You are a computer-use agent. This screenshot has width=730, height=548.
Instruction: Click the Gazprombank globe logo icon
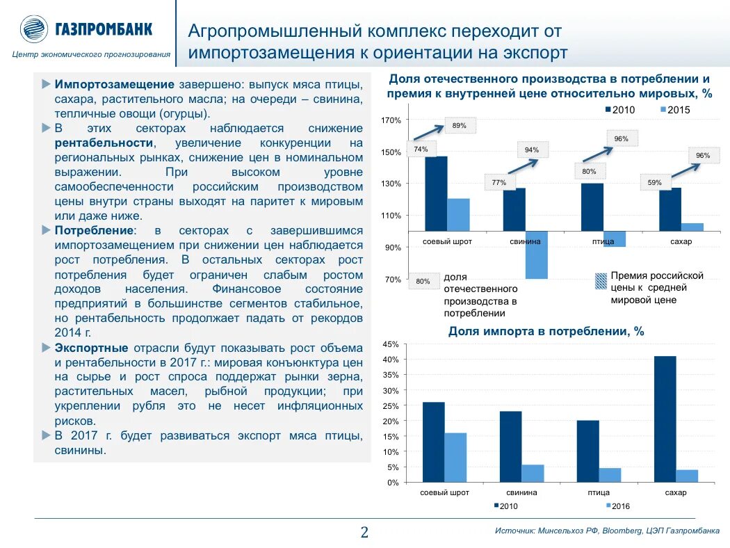pos(33,29)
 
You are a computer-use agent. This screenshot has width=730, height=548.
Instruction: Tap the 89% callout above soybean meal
pos(459,126)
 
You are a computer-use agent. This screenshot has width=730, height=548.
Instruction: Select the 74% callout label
pos(421,149)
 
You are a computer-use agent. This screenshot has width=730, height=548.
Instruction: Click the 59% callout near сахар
pos(654,183)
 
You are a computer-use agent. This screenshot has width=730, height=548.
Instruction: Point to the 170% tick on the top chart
pos(391,121)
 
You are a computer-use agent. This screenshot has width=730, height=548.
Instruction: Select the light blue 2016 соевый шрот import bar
pos(455,457)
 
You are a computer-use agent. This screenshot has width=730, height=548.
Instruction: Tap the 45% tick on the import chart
pos(390,344)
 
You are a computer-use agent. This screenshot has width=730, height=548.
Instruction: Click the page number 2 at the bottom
pos(364,533)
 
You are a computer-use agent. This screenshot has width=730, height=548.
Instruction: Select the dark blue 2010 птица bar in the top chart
pos(592,207)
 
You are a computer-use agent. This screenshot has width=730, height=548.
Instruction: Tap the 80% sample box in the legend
pos(423,282)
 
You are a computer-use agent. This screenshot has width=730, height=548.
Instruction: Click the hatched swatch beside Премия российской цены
pos(601,281)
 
